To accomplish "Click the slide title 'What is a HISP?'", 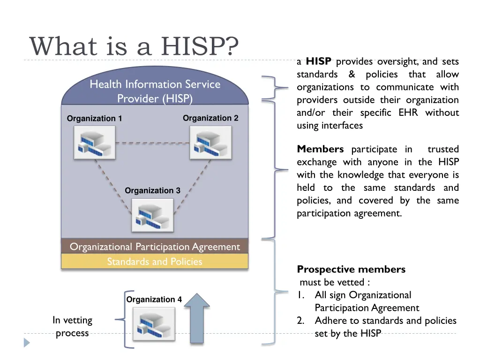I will coord(134,46).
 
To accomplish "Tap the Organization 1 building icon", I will coord(95,143).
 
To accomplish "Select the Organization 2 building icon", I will coord(210,143).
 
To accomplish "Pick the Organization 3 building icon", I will coord(152,215).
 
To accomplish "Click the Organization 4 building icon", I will coord(154,324).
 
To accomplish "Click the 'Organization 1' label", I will coord(94,119).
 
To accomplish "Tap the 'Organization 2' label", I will coord(210,118).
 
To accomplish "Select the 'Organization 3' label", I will coord(152,190).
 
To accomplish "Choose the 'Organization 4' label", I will coord(154,300).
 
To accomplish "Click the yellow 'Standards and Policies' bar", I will coord(154,262).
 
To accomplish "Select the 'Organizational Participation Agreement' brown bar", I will coord(154,247).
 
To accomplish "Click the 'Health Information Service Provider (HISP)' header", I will coord(155,91).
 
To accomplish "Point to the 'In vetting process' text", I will coord(72,327).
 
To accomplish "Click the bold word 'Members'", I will coord(320,150).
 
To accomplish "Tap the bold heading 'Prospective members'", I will coord(351,270).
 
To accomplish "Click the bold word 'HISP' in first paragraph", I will coord(319,61).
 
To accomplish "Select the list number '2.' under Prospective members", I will coord(301,321).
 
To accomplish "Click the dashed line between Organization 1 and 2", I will coord(152,142).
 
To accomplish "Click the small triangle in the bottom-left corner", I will coord(27,343).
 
